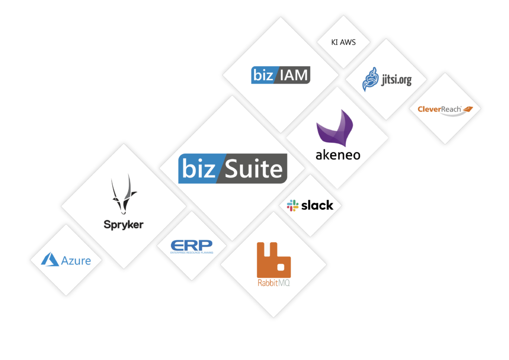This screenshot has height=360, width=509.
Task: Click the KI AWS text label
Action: click(x=343, y=42)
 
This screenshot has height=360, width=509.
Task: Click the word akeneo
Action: click(x=338, y=155)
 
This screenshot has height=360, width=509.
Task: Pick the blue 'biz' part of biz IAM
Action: click(x=263, y=75)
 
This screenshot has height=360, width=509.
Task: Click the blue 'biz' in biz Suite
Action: click(x=197, y=169)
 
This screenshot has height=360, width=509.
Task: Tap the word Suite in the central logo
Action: click(x=254, y=169)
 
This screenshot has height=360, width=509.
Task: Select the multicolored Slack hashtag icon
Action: click(x=293, y=205)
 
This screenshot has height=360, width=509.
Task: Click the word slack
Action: click(x=317, y=205)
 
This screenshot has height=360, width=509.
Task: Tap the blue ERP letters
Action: click(x=191, y=245)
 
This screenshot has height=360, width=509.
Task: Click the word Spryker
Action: click(x=123, y=224)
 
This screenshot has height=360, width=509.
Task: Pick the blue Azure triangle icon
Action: click(x=50, y=260)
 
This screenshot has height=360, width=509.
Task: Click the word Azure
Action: click(x=76, y=260)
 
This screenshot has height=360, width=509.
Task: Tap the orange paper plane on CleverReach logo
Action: click(x=468, y=108)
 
